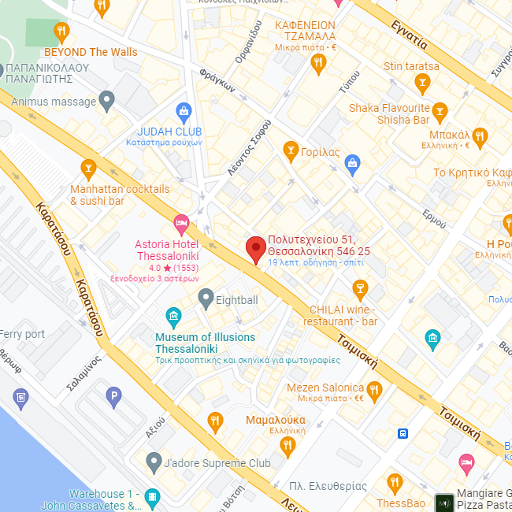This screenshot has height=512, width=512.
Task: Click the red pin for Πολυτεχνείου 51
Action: [x=254, y=248]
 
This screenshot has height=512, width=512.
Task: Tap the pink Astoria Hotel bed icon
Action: [x=181, y=224]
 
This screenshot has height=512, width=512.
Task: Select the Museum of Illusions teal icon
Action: [x=173, y=318]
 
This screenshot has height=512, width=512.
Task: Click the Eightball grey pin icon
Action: [x=206, y=299]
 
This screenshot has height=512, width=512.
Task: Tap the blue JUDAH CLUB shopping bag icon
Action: [x=184, y=110]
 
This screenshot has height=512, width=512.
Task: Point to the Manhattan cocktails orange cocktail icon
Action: [x=88, y=168]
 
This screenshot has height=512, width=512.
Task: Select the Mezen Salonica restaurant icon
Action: [x=374, y=388]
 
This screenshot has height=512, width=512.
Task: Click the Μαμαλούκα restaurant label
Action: [x=275, y=420]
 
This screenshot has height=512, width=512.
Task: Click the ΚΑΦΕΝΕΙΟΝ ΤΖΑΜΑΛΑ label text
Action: [x=305, y=31]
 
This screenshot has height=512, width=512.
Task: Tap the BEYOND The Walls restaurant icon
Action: [x=62, y=32]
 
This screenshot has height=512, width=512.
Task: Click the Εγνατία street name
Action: [x=410, y=35]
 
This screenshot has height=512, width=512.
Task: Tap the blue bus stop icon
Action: [x=403, y=432]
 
